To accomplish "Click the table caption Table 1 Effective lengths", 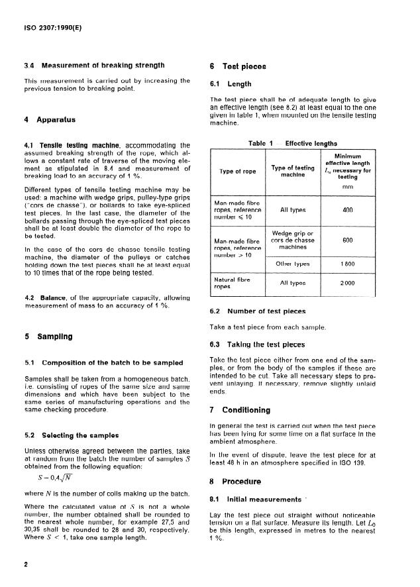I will [x=292, y=142].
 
